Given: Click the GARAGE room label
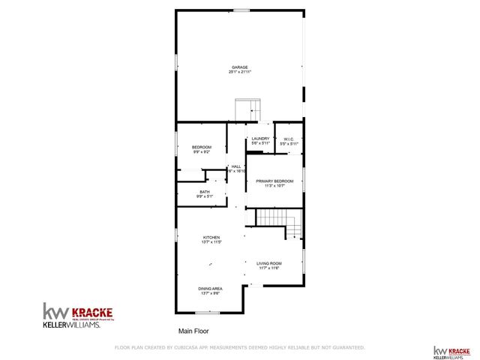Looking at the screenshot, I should tap(239, 67).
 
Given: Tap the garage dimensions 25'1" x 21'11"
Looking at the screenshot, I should tap(239, 72).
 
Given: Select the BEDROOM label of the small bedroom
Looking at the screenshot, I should tap(202, 147).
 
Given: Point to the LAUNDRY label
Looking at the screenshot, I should tap(260, 139).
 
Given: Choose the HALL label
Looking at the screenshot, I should tap(236, 166).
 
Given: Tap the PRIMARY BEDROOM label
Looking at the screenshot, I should tap(274, 181).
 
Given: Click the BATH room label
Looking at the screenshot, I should tap(205, 192).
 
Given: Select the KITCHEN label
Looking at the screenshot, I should tap(211, 238).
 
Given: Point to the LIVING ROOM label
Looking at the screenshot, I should tap(268, 263).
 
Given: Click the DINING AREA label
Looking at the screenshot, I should tap(210, 289).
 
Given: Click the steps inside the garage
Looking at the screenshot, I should tap(247, 109).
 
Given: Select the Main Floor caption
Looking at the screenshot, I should tap(193, 331).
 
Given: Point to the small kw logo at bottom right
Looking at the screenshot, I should tap(440, 351).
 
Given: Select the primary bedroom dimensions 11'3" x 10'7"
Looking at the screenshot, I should tap(274, 186).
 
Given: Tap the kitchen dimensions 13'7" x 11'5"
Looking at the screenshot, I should tap(211, 242).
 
